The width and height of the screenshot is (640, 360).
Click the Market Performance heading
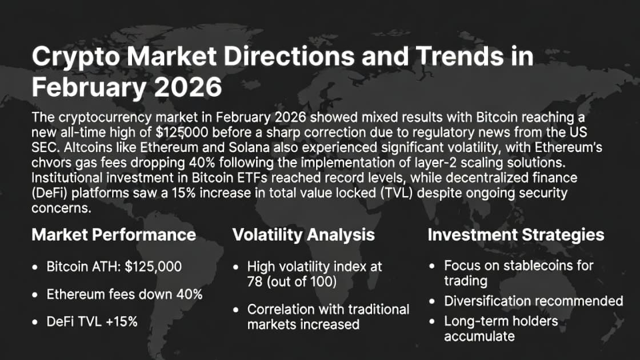pos(114,234)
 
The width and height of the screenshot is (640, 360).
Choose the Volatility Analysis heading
pos(303,234)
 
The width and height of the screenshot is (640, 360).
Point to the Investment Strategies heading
pos(516,234)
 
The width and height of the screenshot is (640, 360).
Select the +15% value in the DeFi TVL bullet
pos(121,321)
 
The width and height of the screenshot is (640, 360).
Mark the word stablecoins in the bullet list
pos(527,266)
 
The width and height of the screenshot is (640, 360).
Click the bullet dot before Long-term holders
pos(434,322)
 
